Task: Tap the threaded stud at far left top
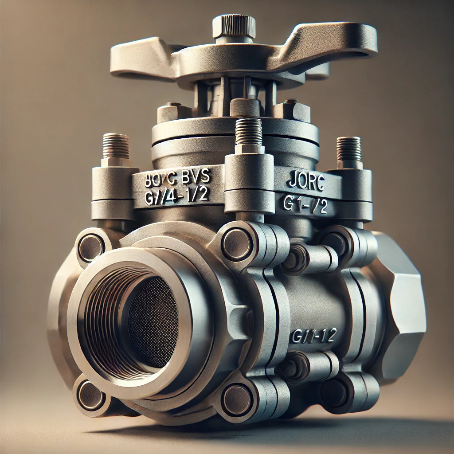click(116, 147)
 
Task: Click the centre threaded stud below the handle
click(249, 132)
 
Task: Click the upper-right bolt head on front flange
click(237, 244)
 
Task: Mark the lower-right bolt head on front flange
click(237, 399)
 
